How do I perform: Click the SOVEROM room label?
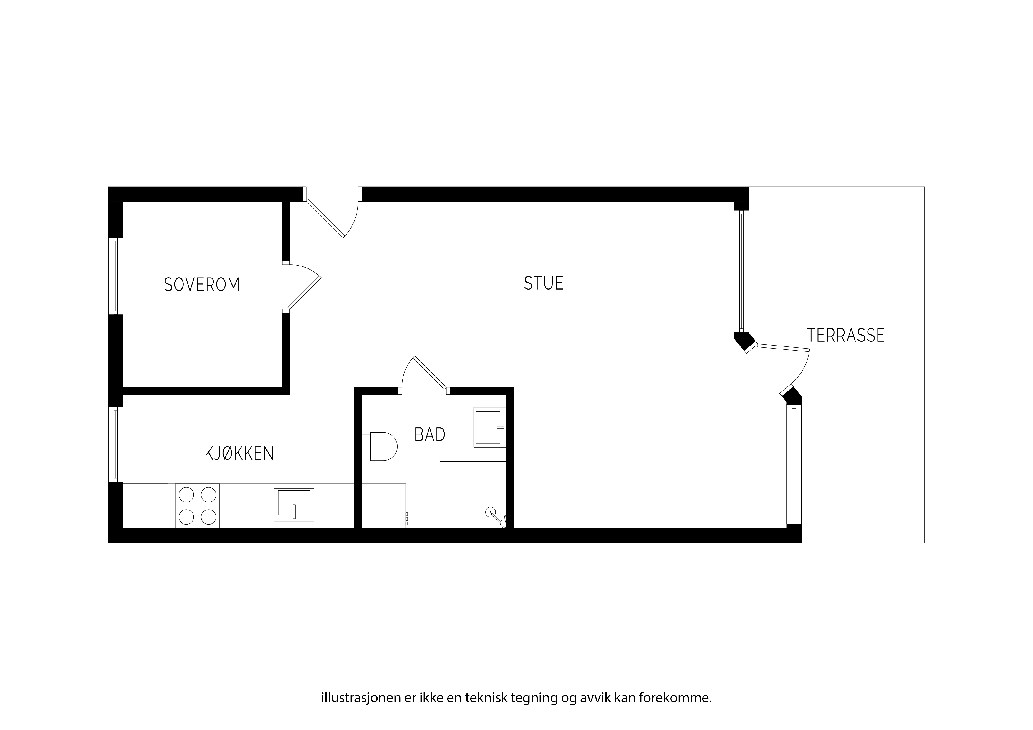tap(201, 285)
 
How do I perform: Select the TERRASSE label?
tap(845, 336)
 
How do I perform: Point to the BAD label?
tap(430, 434)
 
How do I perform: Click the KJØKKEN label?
tap(239, 453)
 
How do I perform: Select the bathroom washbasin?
tap(489, 427)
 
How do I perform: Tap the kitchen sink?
tap(294, 505)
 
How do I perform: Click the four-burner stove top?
tap(197, 506)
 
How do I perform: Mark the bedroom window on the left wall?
tap(116, 276)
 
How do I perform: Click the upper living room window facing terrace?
tap(741, 271)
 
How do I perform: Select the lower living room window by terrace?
tap(794, 464)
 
